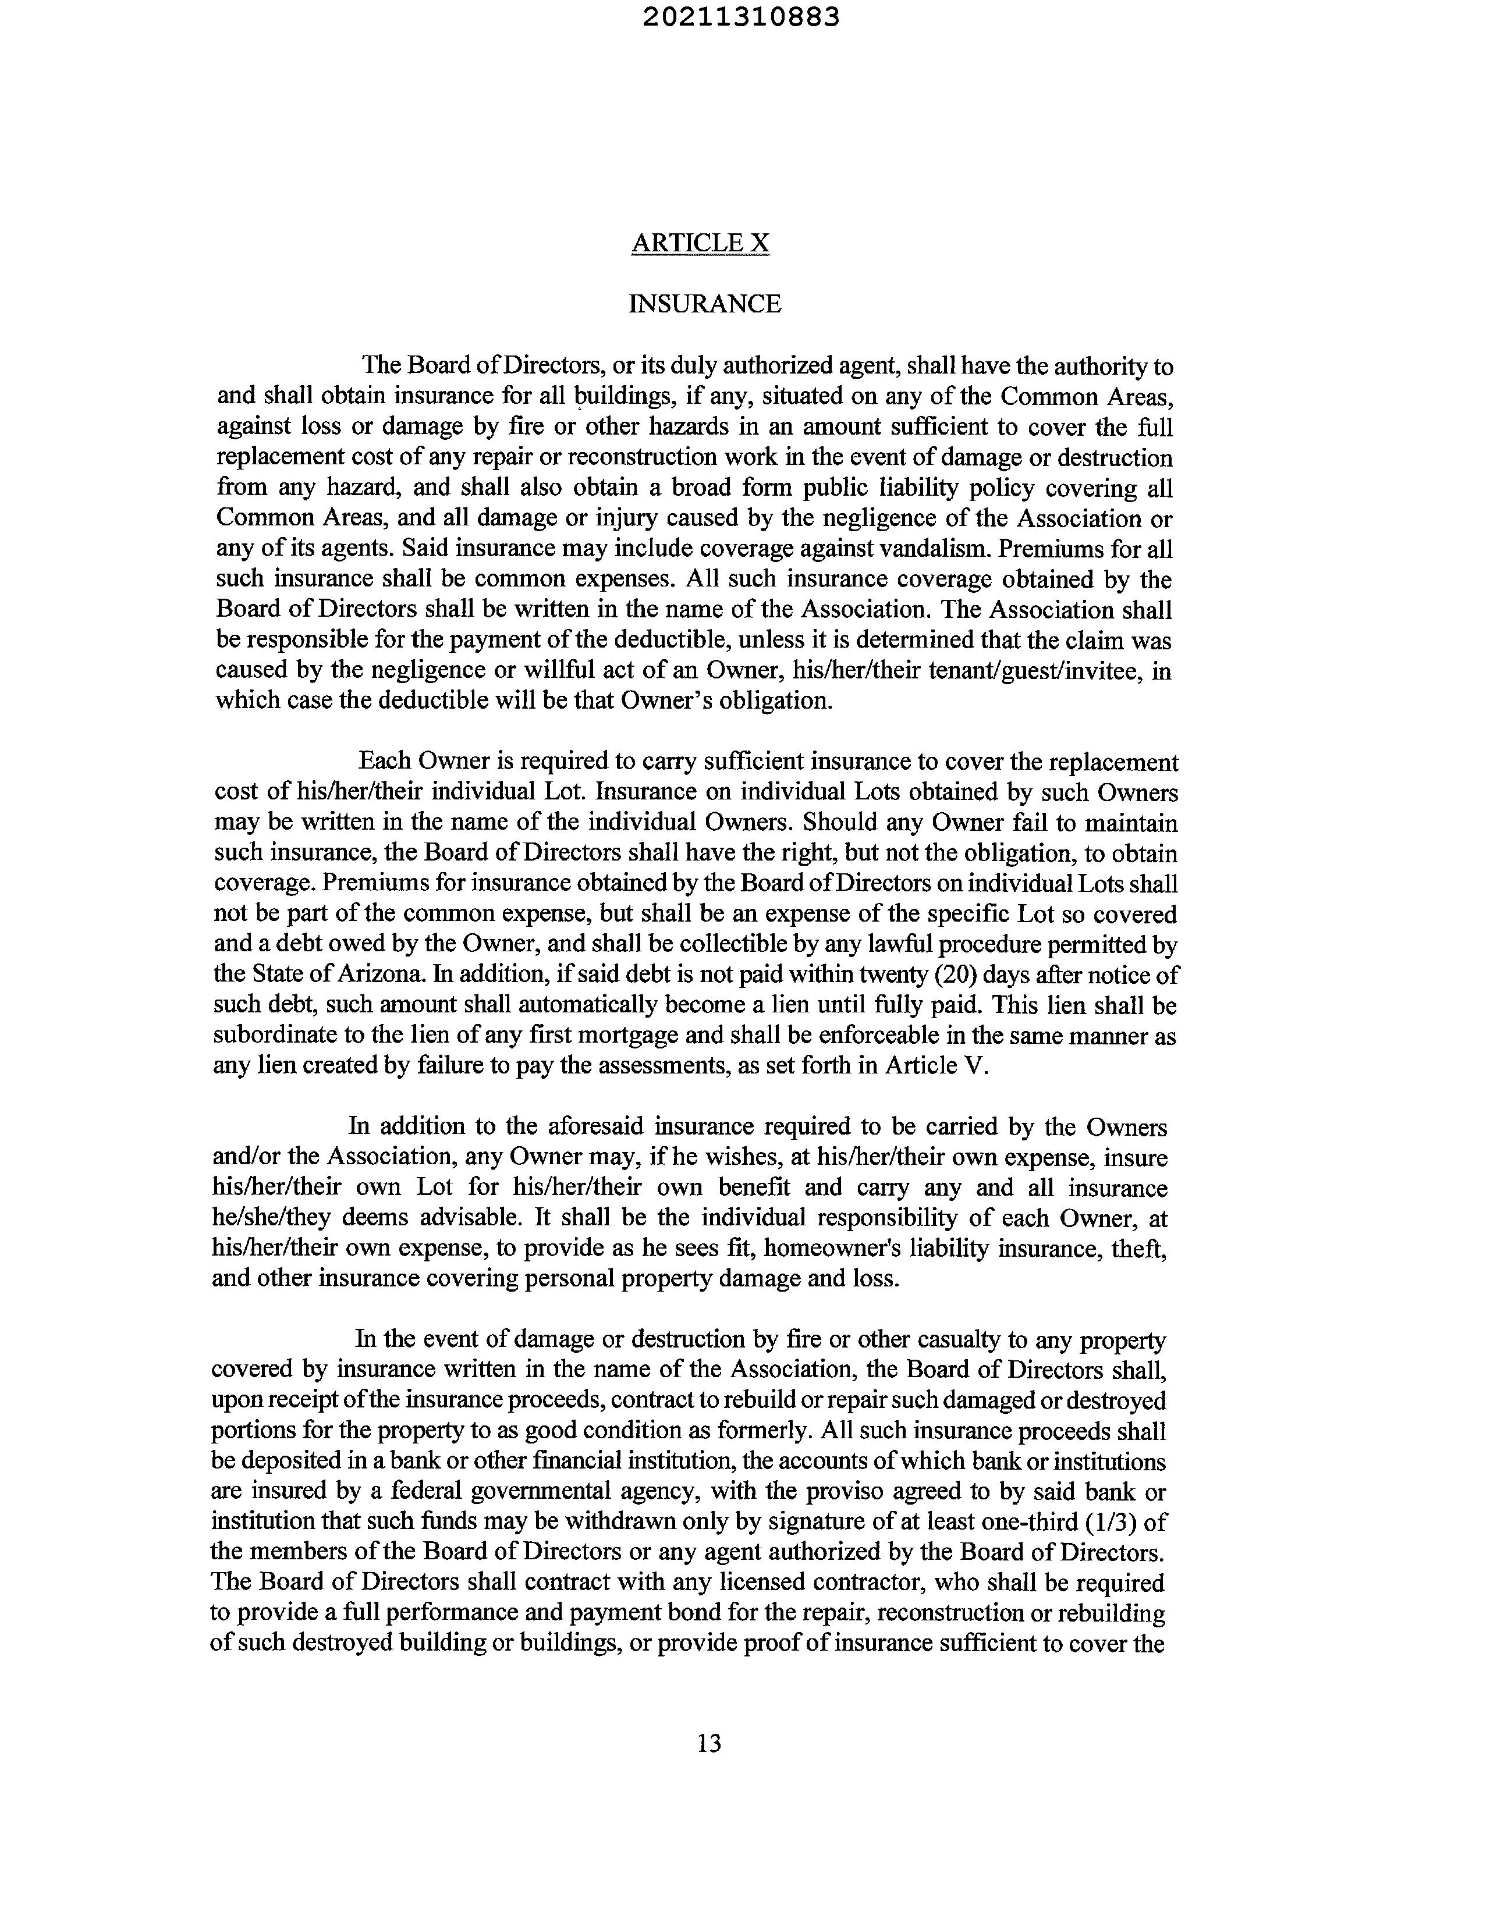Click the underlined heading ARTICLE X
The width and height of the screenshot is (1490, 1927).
tap(700, 243)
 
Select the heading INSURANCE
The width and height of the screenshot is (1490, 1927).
tap(704, 304)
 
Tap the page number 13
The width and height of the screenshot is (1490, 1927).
tap(709, 1743)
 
